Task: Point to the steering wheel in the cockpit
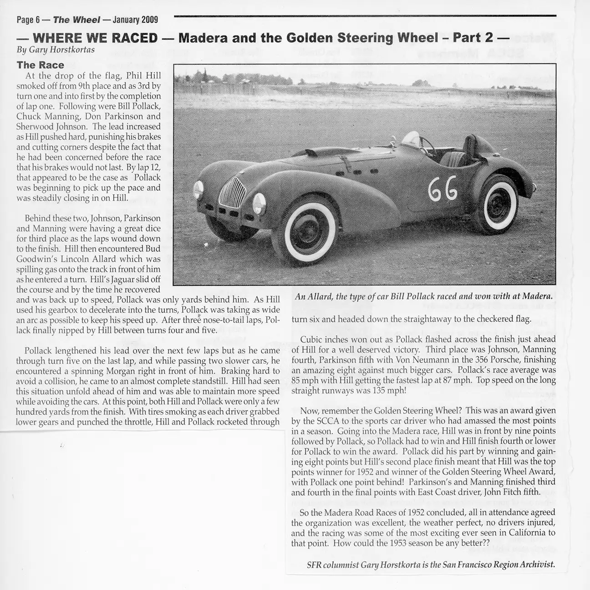click(x=427, y=146)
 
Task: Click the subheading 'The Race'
click(x=40, y=65)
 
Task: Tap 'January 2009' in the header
click(x=135, y=20)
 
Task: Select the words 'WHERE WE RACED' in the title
click(x=95, y=38)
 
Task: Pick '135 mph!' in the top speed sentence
click(x=391, y=391)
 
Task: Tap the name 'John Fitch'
click(x=509, y=492)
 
